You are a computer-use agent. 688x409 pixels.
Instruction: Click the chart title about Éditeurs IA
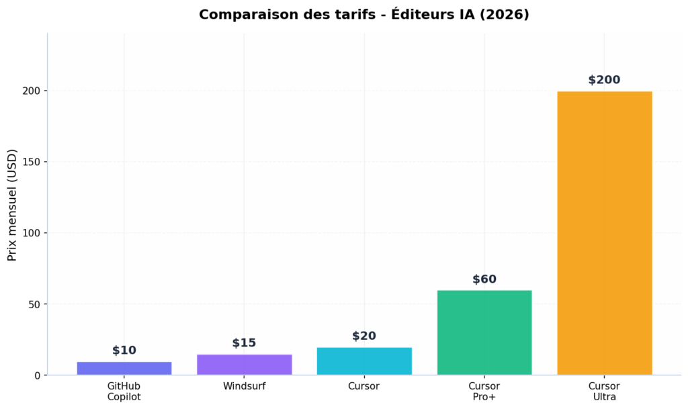coord(363,15)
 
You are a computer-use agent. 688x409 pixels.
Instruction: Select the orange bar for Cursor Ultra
coord(604,232)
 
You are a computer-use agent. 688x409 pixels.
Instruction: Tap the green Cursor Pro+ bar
coord(484,332)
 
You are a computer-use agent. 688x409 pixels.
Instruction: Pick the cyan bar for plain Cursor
coord(364,361)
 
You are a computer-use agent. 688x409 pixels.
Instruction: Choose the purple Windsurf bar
coord(244,364)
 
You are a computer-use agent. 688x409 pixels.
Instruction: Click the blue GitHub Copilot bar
coord(124,368)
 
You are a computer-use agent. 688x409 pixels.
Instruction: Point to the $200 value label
coord(604,80)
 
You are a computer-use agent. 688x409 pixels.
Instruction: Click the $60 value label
coord(484,279)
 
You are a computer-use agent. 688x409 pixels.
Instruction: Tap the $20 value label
coord(364,336)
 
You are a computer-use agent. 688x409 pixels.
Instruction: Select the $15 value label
coord(244,343)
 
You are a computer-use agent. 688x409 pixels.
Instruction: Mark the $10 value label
coord(124,351)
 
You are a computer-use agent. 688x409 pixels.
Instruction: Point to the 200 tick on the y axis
coord(32,91)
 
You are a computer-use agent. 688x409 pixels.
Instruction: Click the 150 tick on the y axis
coord(32,162)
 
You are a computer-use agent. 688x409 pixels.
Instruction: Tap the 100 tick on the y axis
coord(32,233)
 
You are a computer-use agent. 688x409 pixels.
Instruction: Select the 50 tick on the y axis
coord(34,304)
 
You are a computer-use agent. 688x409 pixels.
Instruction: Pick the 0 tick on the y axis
coord(37,375)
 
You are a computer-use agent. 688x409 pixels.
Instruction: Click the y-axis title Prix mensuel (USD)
coord(12,204)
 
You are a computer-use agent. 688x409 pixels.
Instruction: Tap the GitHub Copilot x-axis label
coord(124,392)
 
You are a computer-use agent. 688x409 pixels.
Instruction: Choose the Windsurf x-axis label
coord(244,386)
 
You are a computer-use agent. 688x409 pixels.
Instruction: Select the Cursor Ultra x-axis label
coord(604,392)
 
